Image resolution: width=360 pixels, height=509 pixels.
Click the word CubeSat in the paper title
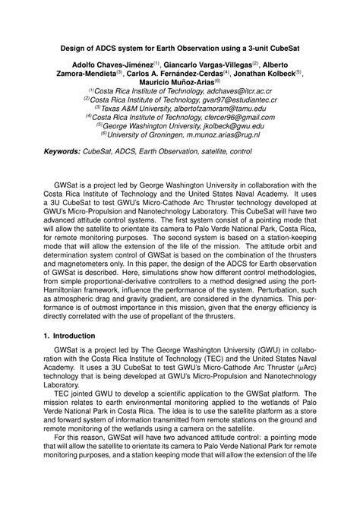(280, 47)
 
